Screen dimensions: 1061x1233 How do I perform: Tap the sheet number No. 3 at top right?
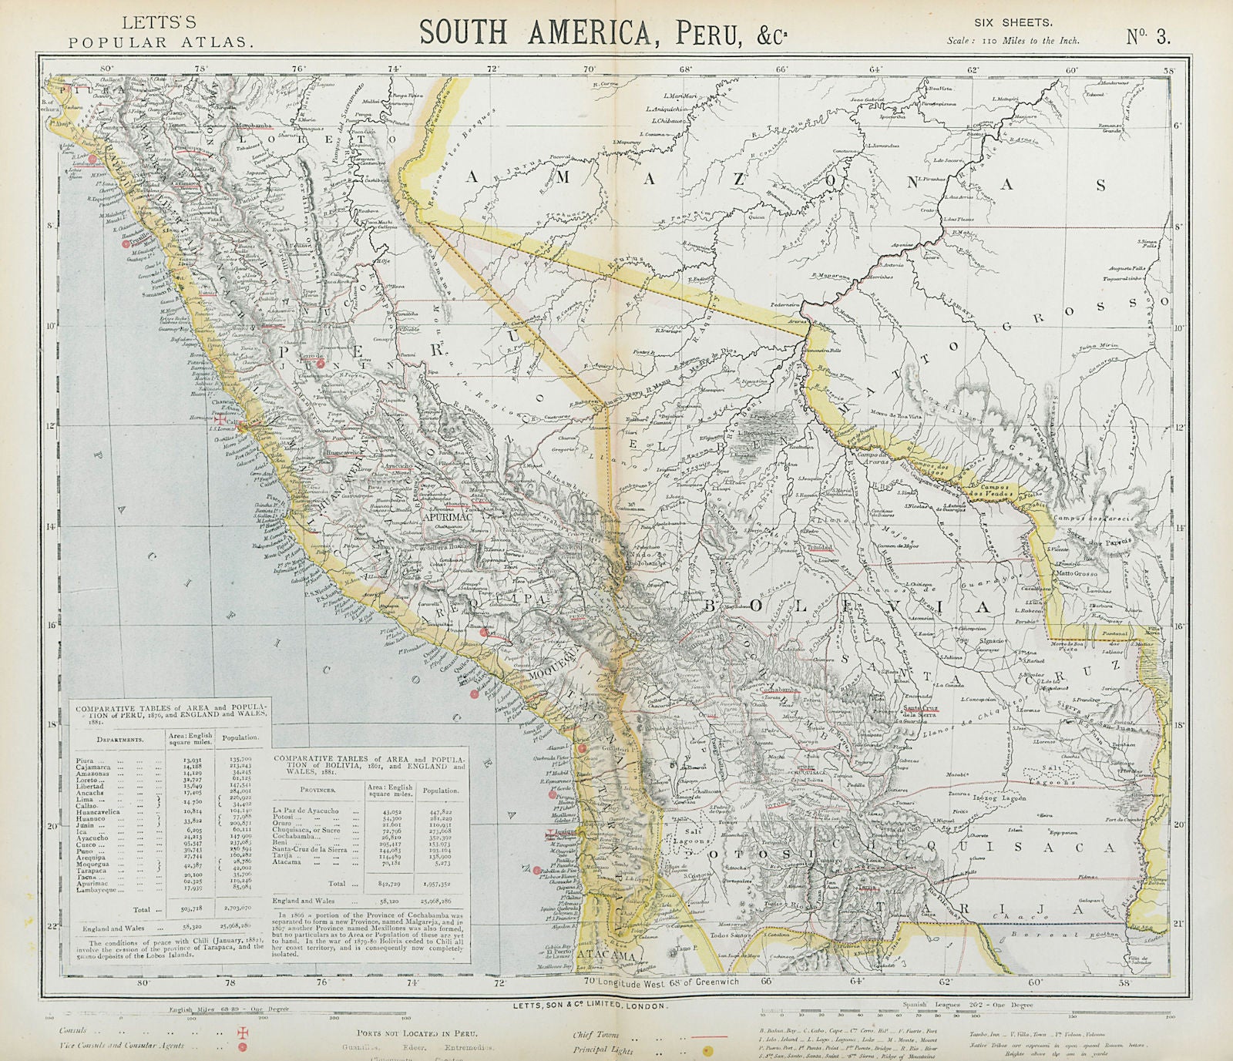pos(1147,36)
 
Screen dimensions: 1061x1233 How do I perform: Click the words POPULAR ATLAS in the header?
pos(160,43)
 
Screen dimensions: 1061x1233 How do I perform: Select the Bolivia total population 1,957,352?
pos(440,884)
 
